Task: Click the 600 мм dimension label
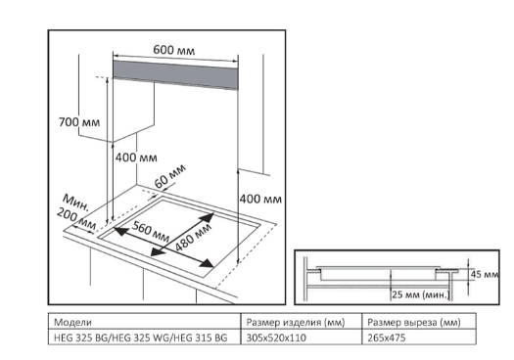pyautogui.click(x=173, y=50)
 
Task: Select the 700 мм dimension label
pyautogui.click(x=79, y=122)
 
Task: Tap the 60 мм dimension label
pyautogui.click(x=169, y=176)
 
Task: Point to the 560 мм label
pyautogui.click(x=151, y=231)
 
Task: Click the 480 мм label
pyautogui.click(x=193, y=237)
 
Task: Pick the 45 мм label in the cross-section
pyautogui.click(x=485, y=274)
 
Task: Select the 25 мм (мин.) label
pyautogui.click(x=420, y=294)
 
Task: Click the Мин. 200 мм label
pyautogui.click(x=76, y=212)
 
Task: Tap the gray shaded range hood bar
pyautogui.click(x=175, y=74)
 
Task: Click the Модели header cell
pyautogui.click(x=72, y=322)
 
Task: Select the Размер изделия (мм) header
pyautogui.click(x=296, y=322)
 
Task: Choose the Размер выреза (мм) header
pyautogui.click(x=414, y=322)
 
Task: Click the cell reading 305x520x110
pyautogui.click(x=276, y=337)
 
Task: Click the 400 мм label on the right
pyautogui.click(x=260, y=199)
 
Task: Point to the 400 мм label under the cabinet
pyautogui.click(x=136, y=157)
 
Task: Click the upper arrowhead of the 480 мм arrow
pyautogui.click(x=208, y=217)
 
